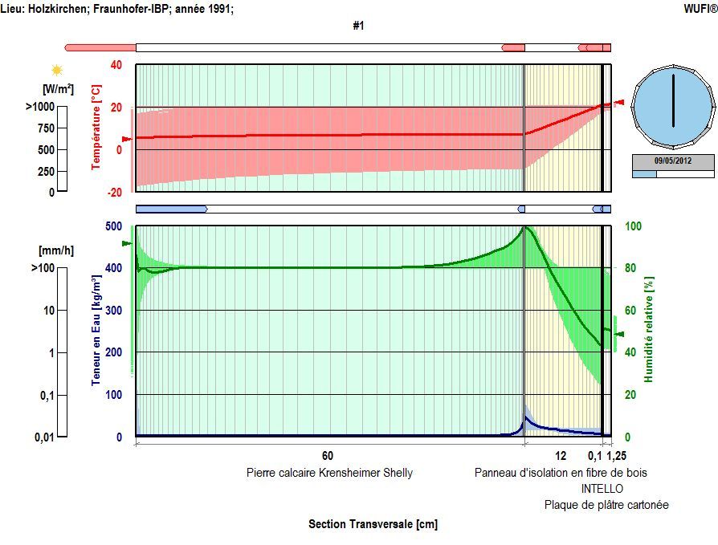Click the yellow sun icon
[57, 71]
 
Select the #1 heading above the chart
[358, 26]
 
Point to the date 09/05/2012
[673, 161]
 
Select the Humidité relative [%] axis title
[649, 329]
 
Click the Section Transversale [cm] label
[373, 524]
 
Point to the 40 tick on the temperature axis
[116, 65]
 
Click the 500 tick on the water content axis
[113, 226]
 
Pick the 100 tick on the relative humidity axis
[634, 226]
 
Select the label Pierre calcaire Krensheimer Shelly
[329, 473]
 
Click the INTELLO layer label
[602, 489]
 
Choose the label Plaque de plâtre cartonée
[606, 505]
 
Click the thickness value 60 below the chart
[328, 456]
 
